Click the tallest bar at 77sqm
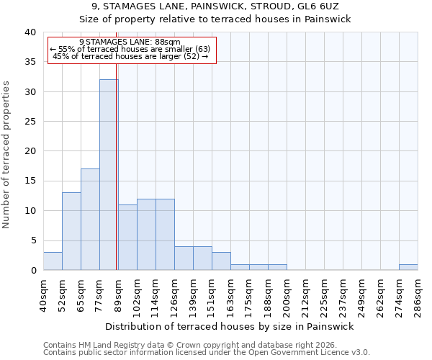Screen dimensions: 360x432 click(109, 175)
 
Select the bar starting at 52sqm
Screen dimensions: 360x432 click(71, 231)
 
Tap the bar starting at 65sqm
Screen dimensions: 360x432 click(90, 220)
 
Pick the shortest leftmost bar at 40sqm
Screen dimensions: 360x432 click(53, 261)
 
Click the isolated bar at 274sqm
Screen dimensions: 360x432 click(408, 267)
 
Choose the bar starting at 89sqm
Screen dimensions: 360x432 click(127, 238)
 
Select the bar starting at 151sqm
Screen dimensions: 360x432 click(221, 261)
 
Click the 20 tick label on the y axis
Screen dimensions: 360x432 click(30, 151)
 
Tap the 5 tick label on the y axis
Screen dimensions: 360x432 click(33, 240)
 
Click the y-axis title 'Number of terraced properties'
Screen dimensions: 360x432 click(6, 155)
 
